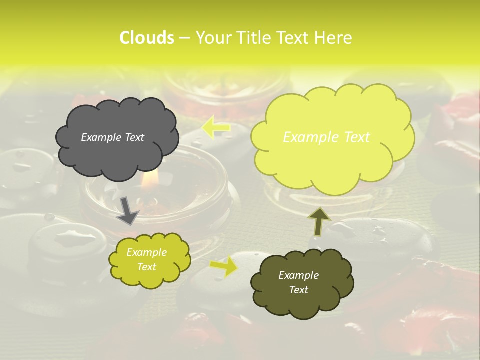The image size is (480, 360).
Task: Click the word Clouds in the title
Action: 147,38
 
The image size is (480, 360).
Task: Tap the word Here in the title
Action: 334,38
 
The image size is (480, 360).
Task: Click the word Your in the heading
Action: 213,38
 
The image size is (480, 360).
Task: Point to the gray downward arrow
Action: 128,210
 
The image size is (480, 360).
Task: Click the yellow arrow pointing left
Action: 216,128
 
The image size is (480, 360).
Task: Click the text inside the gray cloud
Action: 112,137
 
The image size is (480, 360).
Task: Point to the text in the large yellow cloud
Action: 326,137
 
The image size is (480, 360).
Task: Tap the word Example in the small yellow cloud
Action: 146,252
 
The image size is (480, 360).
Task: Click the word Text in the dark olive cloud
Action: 298,290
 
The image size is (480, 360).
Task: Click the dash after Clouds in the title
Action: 184,38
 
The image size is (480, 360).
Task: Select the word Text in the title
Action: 294,38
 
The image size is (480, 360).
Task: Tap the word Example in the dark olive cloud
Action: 298,275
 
